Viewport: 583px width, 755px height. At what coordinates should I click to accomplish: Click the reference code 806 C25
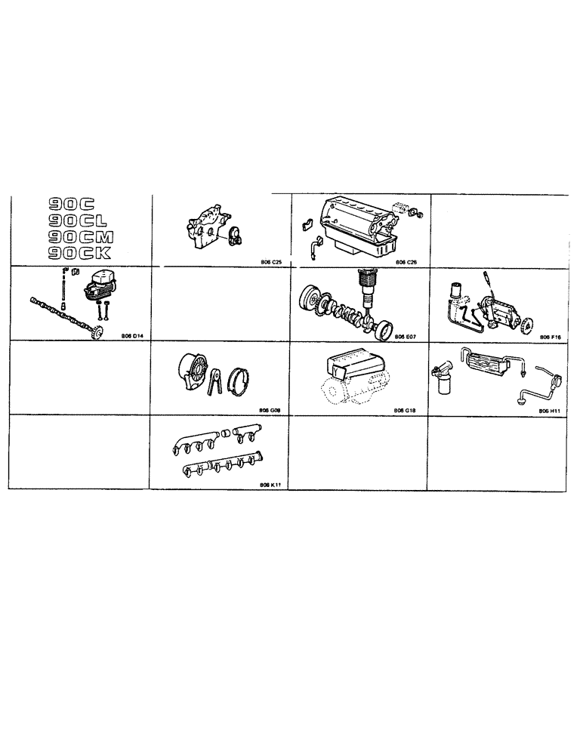270,262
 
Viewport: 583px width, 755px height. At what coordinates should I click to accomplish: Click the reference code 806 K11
270,485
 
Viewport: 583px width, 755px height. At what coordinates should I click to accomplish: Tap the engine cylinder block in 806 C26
355,219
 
